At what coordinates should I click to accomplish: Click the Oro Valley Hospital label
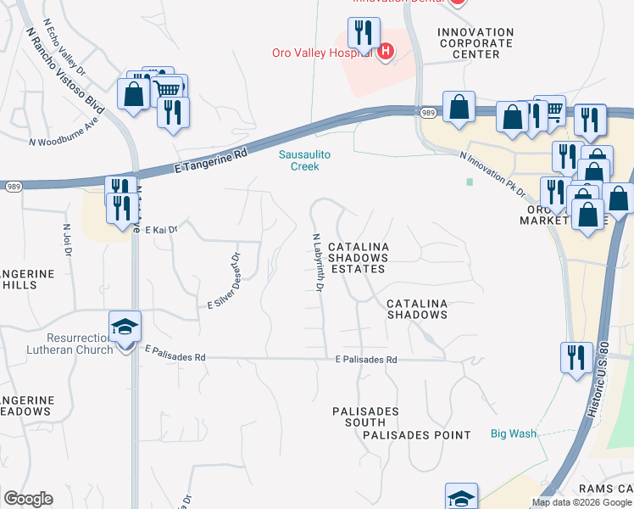[x=322, y=53]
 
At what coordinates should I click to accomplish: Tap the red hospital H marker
[x=386, y=52]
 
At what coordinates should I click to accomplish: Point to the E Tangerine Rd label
[x=210, y=159]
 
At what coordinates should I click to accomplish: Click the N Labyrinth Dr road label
[x=318, y=263]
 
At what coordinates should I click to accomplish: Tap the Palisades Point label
[x=416, y=435]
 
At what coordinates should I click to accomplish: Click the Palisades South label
[x=365, y=417]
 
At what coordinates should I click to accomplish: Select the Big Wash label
[x=514, y=433]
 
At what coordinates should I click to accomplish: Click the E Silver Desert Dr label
[x=225, y=280]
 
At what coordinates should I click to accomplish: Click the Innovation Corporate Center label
[x=475, y=43]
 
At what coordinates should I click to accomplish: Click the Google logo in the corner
[x=28, y=499]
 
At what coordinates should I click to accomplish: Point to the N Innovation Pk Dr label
[x=493, y=175]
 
